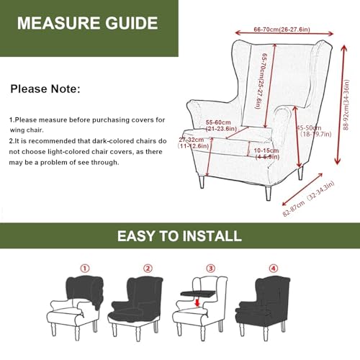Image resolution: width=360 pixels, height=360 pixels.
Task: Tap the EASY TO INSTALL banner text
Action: tap(180, 235)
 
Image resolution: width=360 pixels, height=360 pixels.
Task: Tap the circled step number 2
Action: tap(148, 268)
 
